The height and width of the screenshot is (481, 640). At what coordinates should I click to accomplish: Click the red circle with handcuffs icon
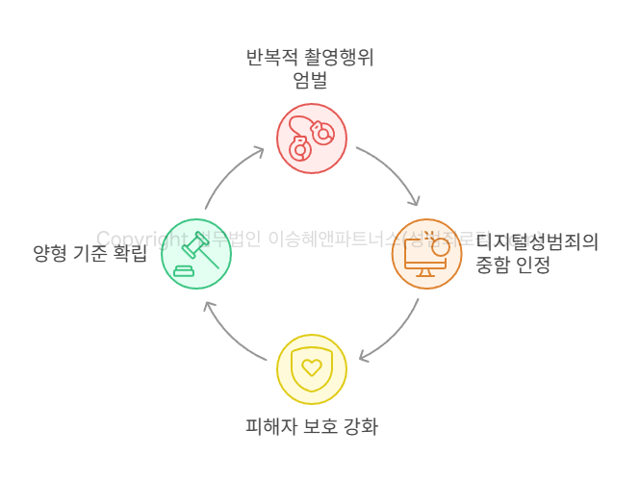312,139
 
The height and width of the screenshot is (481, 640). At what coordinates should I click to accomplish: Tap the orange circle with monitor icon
426,254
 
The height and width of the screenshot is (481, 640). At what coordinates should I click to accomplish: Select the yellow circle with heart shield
311,369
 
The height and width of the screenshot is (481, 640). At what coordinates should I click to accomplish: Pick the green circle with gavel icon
196,254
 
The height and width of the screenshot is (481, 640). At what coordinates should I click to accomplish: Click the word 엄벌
310,81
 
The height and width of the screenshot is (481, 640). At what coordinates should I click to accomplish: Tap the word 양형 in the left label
50,254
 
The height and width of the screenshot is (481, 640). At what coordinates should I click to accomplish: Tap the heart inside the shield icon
311,367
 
